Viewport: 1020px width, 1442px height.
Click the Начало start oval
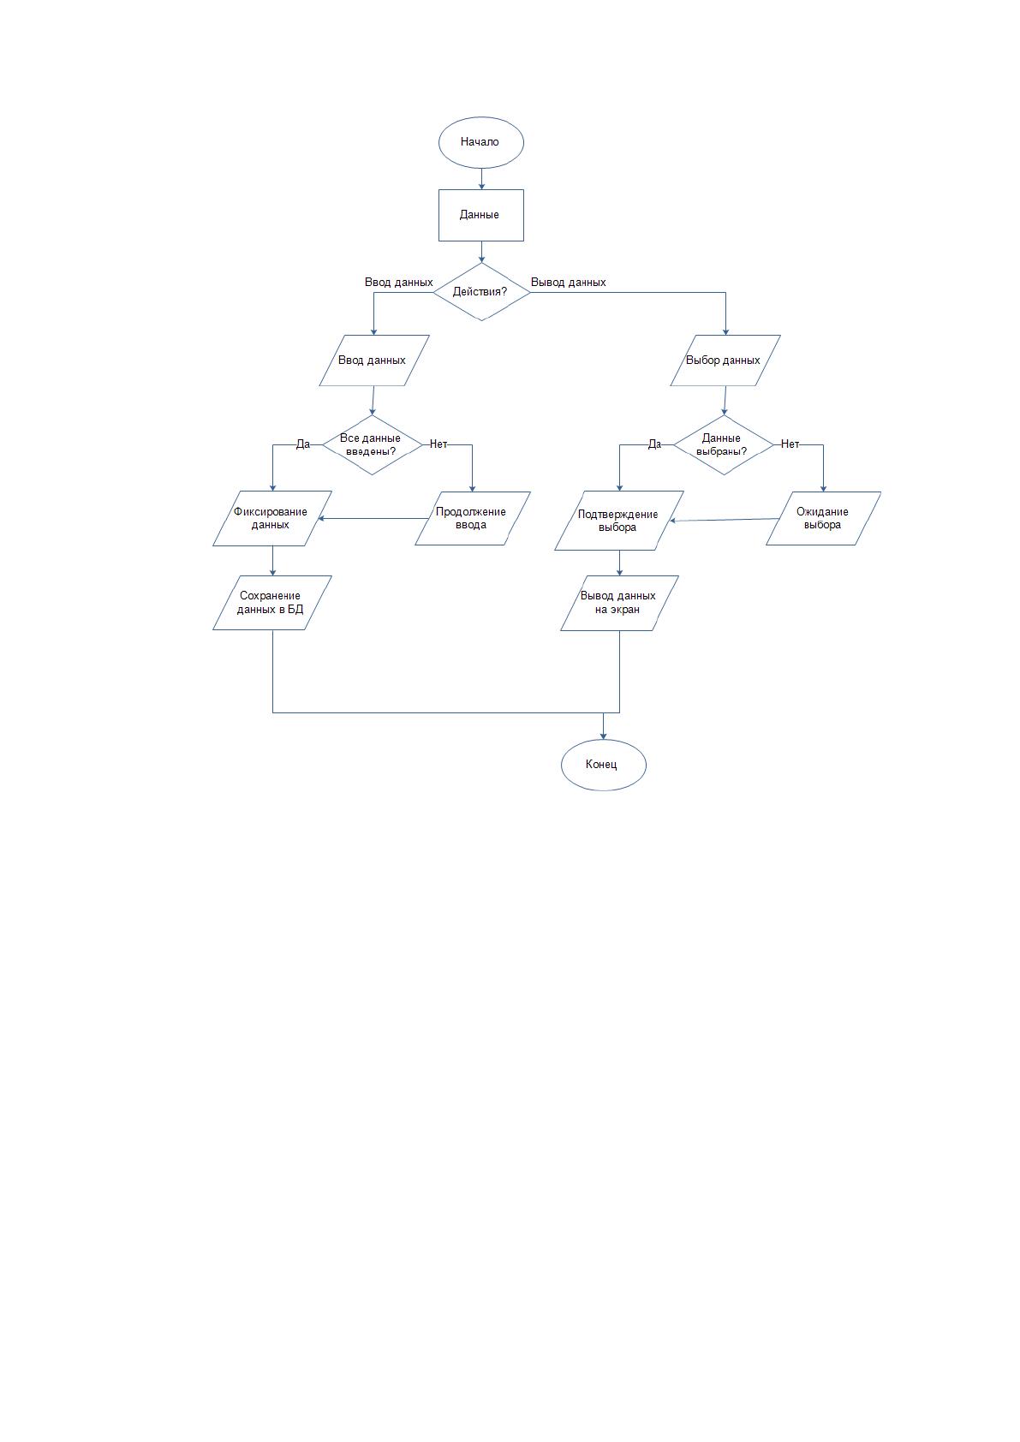pos(481,142)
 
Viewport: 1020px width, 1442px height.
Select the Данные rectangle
pos(481,215)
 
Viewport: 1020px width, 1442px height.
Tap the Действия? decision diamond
pos(481,292)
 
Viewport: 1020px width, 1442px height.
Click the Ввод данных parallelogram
pos(374,360)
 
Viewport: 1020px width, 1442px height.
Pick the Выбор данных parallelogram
pos(725,360)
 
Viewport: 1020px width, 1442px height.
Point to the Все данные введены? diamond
pos(373,444)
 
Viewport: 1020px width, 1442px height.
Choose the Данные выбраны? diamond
pos(724,444)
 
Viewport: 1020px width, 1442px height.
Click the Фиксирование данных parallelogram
pos(272,518)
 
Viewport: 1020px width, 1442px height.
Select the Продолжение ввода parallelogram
pos(473,518)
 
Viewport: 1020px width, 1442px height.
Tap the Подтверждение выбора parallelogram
pos(619,520)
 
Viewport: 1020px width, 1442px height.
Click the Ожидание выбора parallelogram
pos(823,518)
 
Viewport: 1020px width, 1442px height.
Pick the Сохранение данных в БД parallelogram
pos(272,603)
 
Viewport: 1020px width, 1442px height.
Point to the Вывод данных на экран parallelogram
pos(619,603)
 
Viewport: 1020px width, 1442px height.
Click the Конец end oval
pos(604,765)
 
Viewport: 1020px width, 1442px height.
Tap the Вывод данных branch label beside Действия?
pos(568,283)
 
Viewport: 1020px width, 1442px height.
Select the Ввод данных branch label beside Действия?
pos(398,283)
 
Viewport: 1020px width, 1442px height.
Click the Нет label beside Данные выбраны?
pos(790,444)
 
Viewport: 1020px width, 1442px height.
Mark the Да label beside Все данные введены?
pos(302,444)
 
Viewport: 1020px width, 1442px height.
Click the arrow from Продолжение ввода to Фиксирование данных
pos(373,518)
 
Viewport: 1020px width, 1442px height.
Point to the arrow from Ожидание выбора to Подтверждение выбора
pos(725,520)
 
